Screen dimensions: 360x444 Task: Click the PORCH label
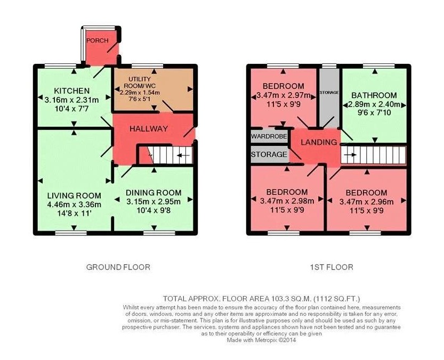tap(98, 40)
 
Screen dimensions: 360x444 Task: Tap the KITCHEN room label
tap(71, 90)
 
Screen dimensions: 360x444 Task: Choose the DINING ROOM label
tap(154, 193)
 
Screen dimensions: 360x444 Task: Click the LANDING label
tap(318, 142)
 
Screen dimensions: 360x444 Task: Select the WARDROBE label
tap(269, 137)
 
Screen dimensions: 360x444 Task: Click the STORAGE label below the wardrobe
tap(269, 155)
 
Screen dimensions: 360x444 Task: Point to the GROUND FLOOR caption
tap(118, 267)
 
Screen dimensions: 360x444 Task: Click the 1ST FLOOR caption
tap(330, 267)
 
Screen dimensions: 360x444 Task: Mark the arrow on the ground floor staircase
tap(183, 156)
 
